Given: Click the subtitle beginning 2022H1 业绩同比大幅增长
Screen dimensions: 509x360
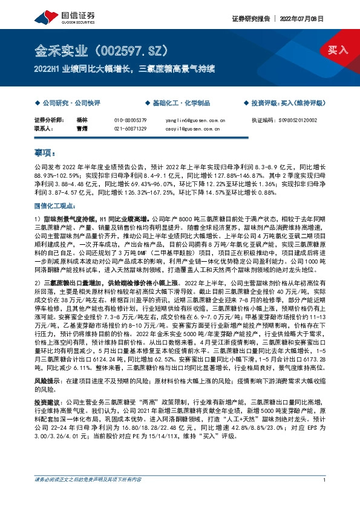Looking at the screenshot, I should [x=123, y=69].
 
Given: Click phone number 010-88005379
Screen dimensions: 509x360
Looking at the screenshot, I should [x=131, y=120].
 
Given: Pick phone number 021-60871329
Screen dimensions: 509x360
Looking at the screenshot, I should [x=131, y=129].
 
